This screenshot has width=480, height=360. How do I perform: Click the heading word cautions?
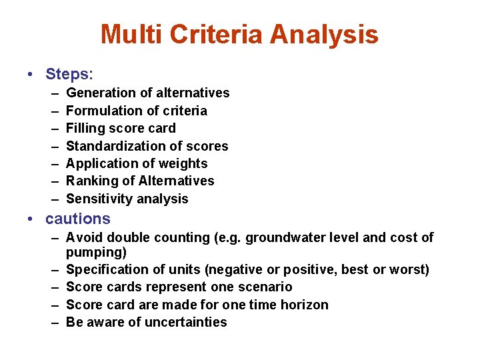click(77, 219)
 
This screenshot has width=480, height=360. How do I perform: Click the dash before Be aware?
click(53, 322)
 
